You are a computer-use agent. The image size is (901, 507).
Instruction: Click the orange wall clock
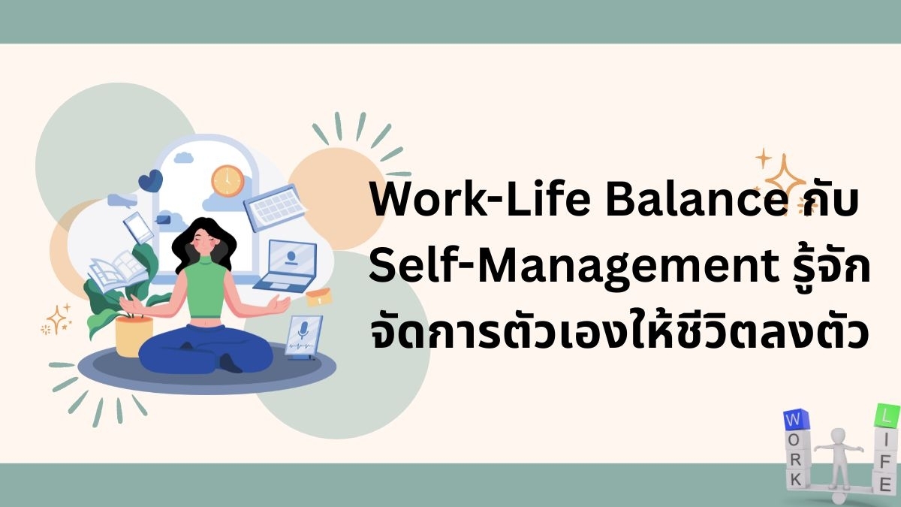tap(228, 181)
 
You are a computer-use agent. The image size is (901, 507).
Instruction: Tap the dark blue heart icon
tap(150, 181)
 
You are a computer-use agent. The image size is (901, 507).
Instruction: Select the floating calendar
tap(275, 207)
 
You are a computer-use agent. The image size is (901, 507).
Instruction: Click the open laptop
tap(286, 266)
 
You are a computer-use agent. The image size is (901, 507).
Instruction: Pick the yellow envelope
tap(319, 297)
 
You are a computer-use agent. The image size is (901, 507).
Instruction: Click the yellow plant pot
tap(134, 336)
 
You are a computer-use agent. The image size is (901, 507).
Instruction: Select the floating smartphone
tap(138, 228)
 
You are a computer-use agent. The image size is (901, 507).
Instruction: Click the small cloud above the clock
tap(183, 157)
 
